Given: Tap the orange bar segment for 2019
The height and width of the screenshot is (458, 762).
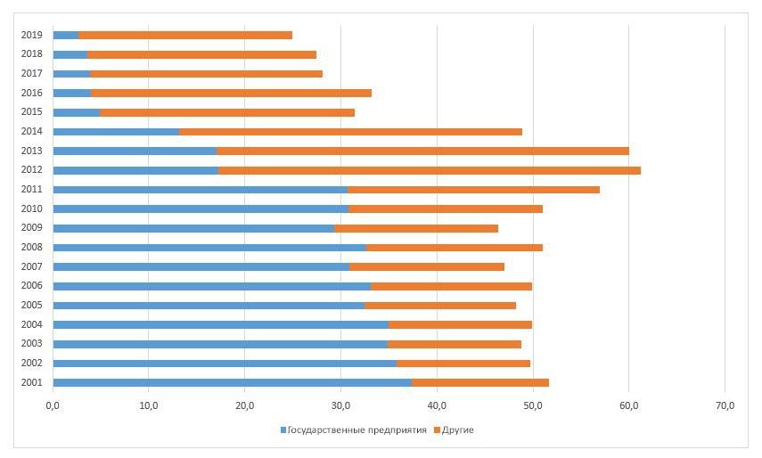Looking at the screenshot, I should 185,35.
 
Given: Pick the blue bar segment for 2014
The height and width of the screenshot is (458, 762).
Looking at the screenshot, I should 116,132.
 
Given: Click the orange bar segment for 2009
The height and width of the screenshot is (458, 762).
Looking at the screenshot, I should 416,228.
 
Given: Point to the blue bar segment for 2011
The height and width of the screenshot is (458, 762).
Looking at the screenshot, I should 201,190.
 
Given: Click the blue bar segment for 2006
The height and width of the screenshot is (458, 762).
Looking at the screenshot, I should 211,286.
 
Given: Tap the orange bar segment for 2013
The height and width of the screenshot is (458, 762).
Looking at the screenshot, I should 422,151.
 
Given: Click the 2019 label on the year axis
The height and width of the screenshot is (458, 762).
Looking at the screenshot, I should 31,35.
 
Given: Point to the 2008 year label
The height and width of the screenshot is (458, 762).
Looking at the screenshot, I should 31,248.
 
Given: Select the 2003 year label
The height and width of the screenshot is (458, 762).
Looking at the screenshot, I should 31,344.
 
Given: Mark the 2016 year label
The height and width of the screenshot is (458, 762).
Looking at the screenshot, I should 31,93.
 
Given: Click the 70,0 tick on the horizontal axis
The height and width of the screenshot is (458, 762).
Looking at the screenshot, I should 725,406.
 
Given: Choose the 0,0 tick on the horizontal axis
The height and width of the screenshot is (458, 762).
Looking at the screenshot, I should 53,406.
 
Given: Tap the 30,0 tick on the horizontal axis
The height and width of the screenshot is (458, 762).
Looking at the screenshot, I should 340,406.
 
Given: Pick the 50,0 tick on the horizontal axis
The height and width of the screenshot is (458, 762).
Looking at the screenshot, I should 533,406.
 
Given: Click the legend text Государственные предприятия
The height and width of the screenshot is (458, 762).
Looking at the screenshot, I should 356,430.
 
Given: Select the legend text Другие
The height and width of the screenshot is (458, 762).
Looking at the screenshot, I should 457,430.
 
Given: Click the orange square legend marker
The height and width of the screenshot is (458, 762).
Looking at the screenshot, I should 437,430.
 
